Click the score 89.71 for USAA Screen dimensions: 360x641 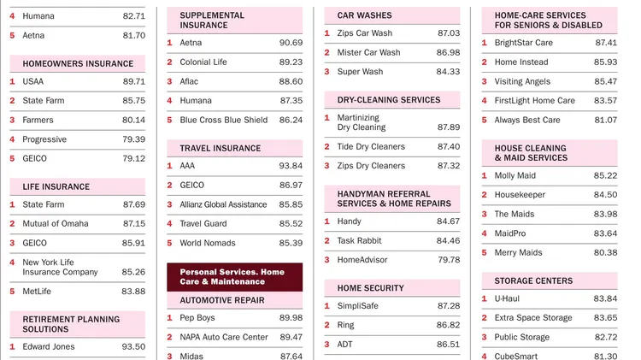click(x=133, y=82)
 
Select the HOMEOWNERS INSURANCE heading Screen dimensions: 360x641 click(x=78, y=63)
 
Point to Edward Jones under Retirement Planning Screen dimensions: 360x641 click(x=49, y=347)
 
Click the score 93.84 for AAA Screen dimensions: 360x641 click(x=291, y=166)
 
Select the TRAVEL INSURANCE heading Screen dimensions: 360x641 click(x=221, y=148)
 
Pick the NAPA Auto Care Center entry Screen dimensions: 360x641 click(x=224, y=338)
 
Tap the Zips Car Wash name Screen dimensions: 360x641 click(x=364, y=33)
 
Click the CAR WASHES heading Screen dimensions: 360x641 click(x=365, y=15)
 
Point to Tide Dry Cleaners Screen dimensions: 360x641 click(x=371, y=147)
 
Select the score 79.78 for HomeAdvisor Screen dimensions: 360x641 click(x=448, y=260)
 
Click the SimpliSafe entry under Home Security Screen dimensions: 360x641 click(x=358, y=306)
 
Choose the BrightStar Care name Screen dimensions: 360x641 click(x=523, y=43)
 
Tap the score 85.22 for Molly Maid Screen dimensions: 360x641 click(x=605, y=176)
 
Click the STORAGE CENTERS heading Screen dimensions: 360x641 click(x=533, y=280)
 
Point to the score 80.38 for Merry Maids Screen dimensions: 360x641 click(x=605, y=253)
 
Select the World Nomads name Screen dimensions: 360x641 click(x=209, y=243)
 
